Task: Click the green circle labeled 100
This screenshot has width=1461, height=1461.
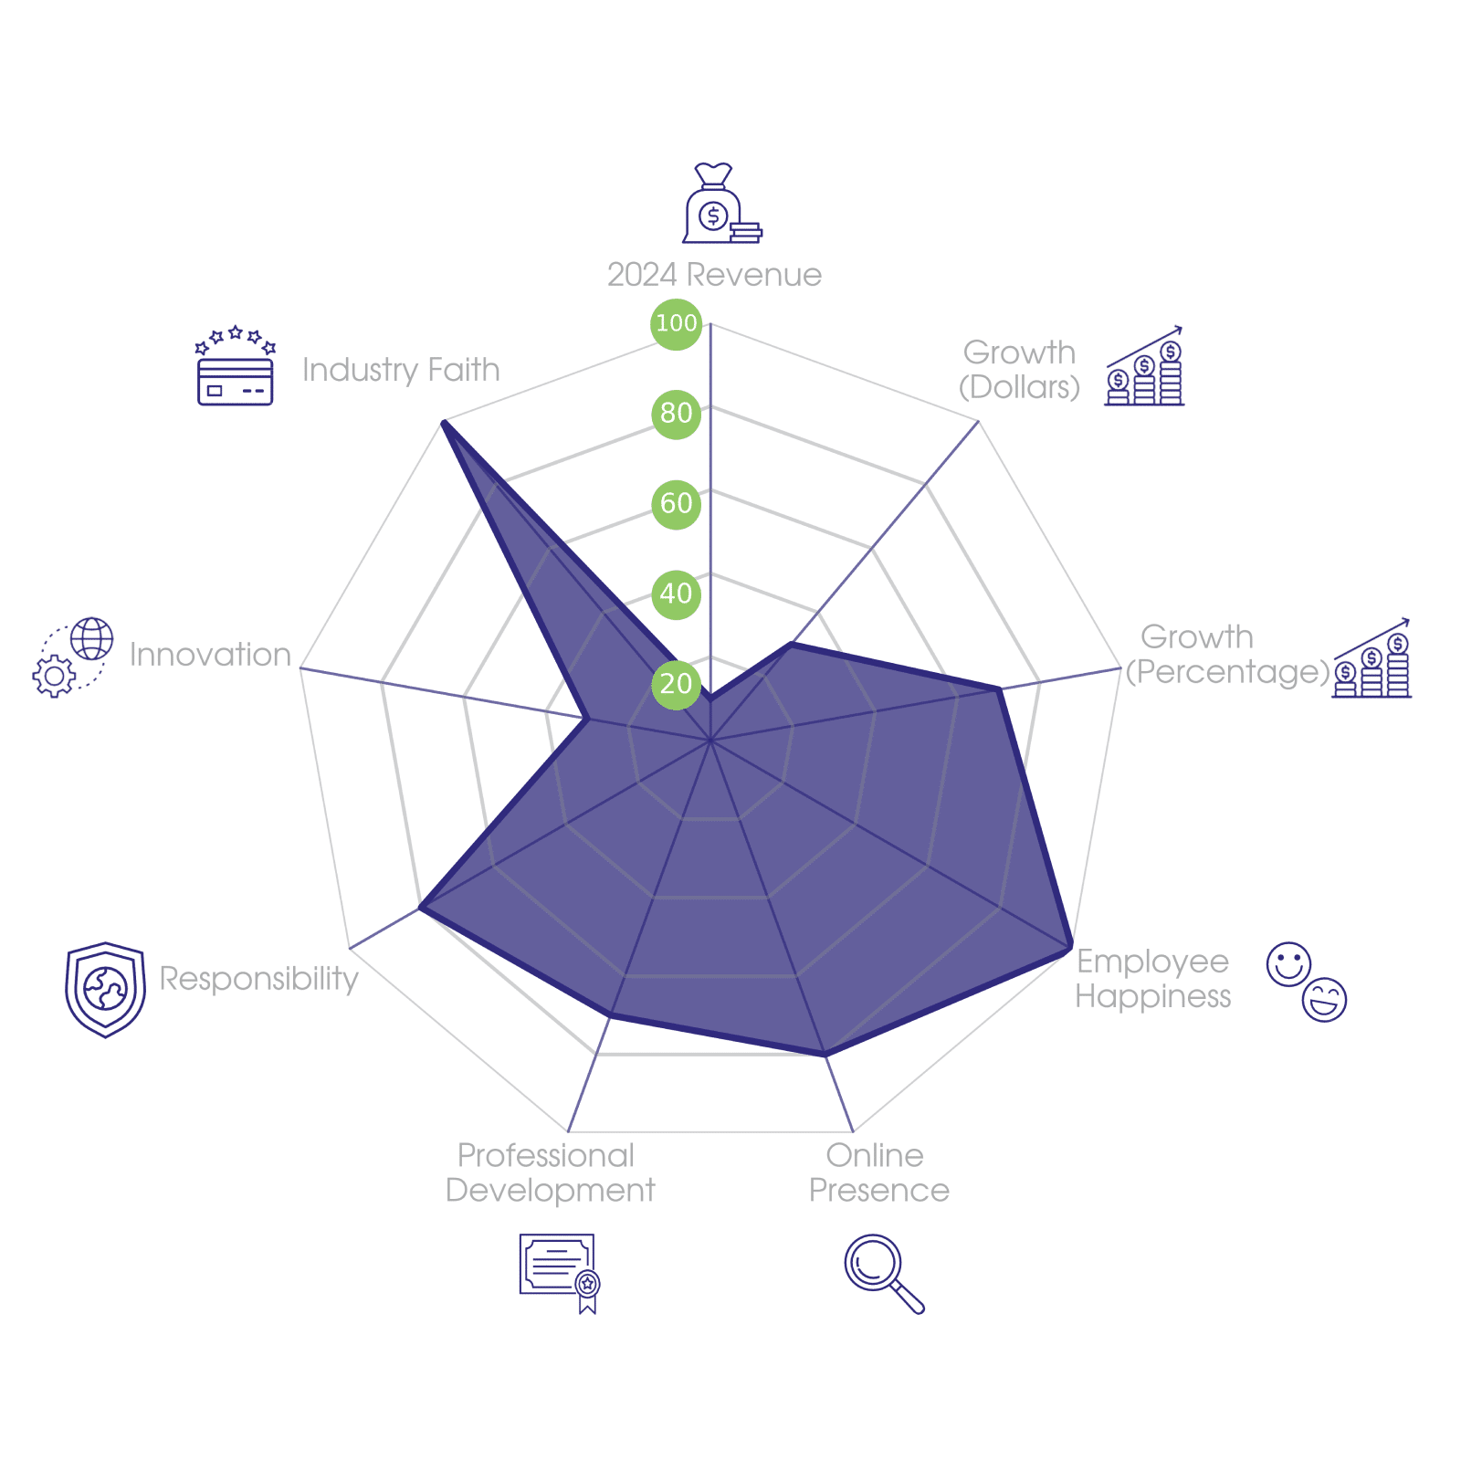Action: tap(676, 323)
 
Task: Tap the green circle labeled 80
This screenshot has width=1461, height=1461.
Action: tap(676, 413)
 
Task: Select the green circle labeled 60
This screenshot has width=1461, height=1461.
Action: tap(676, 503)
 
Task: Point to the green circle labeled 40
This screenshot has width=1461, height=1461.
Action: tap(676, 594)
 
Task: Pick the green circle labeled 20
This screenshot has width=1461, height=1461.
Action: tap(676, 683)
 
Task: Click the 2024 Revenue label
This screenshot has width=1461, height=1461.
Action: tap(714, 275)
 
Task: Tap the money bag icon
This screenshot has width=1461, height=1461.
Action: tap(720, 205)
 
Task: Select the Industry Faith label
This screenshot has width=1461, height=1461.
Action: tap(401, 370)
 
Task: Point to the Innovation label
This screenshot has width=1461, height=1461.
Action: tap(210, 655)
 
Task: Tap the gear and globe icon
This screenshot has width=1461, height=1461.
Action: tap(73, 657)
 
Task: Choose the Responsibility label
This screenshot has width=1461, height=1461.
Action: tap(258, 979)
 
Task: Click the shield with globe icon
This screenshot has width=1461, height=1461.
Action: tap(105, 990)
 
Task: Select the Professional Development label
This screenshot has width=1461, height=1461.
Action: tap(550, 1173)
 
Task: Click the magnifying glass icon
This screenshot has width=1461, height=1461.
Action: tap(882, 1272)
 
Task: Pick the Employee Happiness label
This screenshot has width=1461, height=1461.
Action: tap(1152, 979)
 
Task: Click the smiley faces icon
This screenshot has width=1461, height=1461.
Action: tap(1307, 982)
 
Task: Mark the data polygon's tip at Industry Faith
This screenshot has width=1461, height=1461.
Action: tap(443, 421)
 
